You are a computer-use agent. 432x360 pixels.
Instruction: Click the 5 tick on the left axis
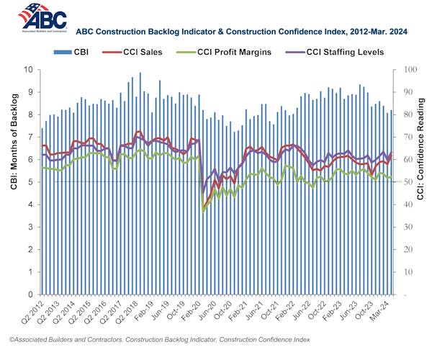click(x=31, y=182)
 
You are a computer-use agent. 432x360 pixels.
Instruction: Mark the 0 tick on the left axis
click(x=31, y=294)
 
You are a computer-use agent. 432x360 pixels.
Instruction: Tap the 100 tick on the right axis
click(x=409, y=70)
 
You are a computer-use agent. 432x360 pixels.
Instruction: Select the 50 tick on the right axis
click(x=408, y=182)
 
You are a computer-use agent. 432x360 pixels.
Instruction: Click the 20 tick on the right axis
click(x=408, y=250)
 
